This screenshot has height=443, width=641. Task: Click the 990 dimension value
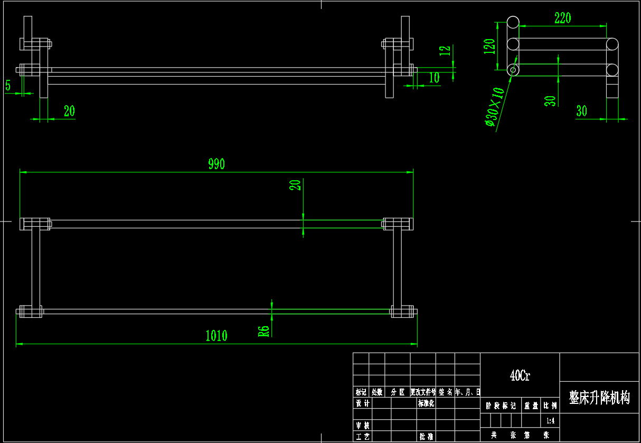pyautogui.click(x=216, y=164)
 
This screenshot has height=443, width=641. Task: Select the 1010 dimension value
pyautogui.click(x=216, y=336)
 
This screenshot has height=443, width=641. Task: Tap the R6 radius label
pyautogui.click(x=263, y=331)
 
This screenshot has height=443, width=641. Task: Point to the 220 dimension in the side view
pyautogui.click(x=563, y=18)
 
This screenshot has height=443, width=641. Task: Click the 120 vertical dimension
pyautogui.click(x=490, y=46)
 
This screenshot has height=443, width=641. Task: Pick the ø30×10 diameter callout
pyautogui.click(x=495, y=107)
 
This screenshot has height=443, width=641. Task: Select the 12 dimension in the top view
pyautogui.click(x=446, y=50)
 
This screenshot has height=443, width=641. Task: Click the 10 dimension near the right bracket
pyautogui.click(x=434, y=78)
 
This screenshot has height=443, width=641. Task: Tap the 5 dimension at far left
pyautogui.click(x=8, y=85)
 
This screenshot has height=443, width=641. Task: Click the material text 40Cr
pyautogui.click(x=520, y=376)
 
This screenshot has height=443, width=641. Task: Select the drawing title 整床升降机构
pyautogui.click(x=599, y=398)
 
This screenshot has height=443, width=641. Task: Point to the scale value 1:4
pyautogui.click(x=550, y=421)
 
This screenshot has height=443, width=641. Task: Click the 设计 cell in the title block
pyautogui.click(x=362, y=403)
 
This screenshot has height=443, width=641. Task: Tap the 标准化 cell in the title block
pyautogui.click(x=426, y=403)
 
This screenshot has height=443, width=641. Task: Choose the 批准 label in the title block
pyautogui.click(x=426, y=437)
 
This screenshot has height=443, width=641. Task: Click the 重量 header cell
pyautogui.click(x=531, y=406)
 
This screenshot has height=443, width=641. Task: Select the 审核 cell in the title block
pyautogui.click(x=362, y=426)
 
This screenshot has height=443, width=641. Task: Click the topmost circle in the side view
pyautogui.click(x=513, y=22)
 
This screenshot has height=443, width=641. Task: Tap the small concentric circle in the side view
pyautogui.click(x=513, y=70)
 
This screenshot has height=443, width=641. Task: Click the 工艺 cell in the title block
pyautogui.click(x=362, y=437)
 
